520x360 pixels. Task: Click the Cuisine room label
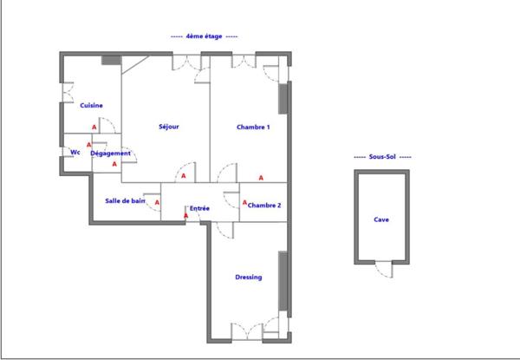[x=91, y=106]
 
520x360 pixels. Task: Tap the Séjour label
[x=168, y=127]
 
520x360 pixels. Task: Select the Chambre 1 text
[x=253, y=127]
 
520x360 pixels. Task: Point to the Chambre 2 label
[x=263, y=206]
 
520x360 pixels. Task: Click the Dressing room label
[x=249, y=278]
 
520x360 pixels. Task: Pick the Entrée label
[x=200, y=208]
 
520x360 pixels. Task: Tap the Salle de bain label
[x=125, y=200]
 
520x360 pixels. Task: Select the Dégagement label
[x=111, y=154]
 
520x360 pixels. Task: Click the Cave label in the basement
[x=381, y=219]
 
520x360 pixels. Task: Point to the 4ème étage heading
[x=205, y=37]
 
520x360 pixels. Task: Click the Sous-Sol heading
[x=382, y=157]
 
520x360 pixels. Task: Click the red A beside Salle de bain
[x=157, y=205]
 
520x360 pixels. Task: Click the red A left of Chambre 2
[x=245, y=203]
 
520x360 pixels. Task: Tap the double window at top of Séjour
[x=185, y=62]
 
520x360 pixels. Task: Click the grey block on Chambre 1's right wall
[x=283, y=97]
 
